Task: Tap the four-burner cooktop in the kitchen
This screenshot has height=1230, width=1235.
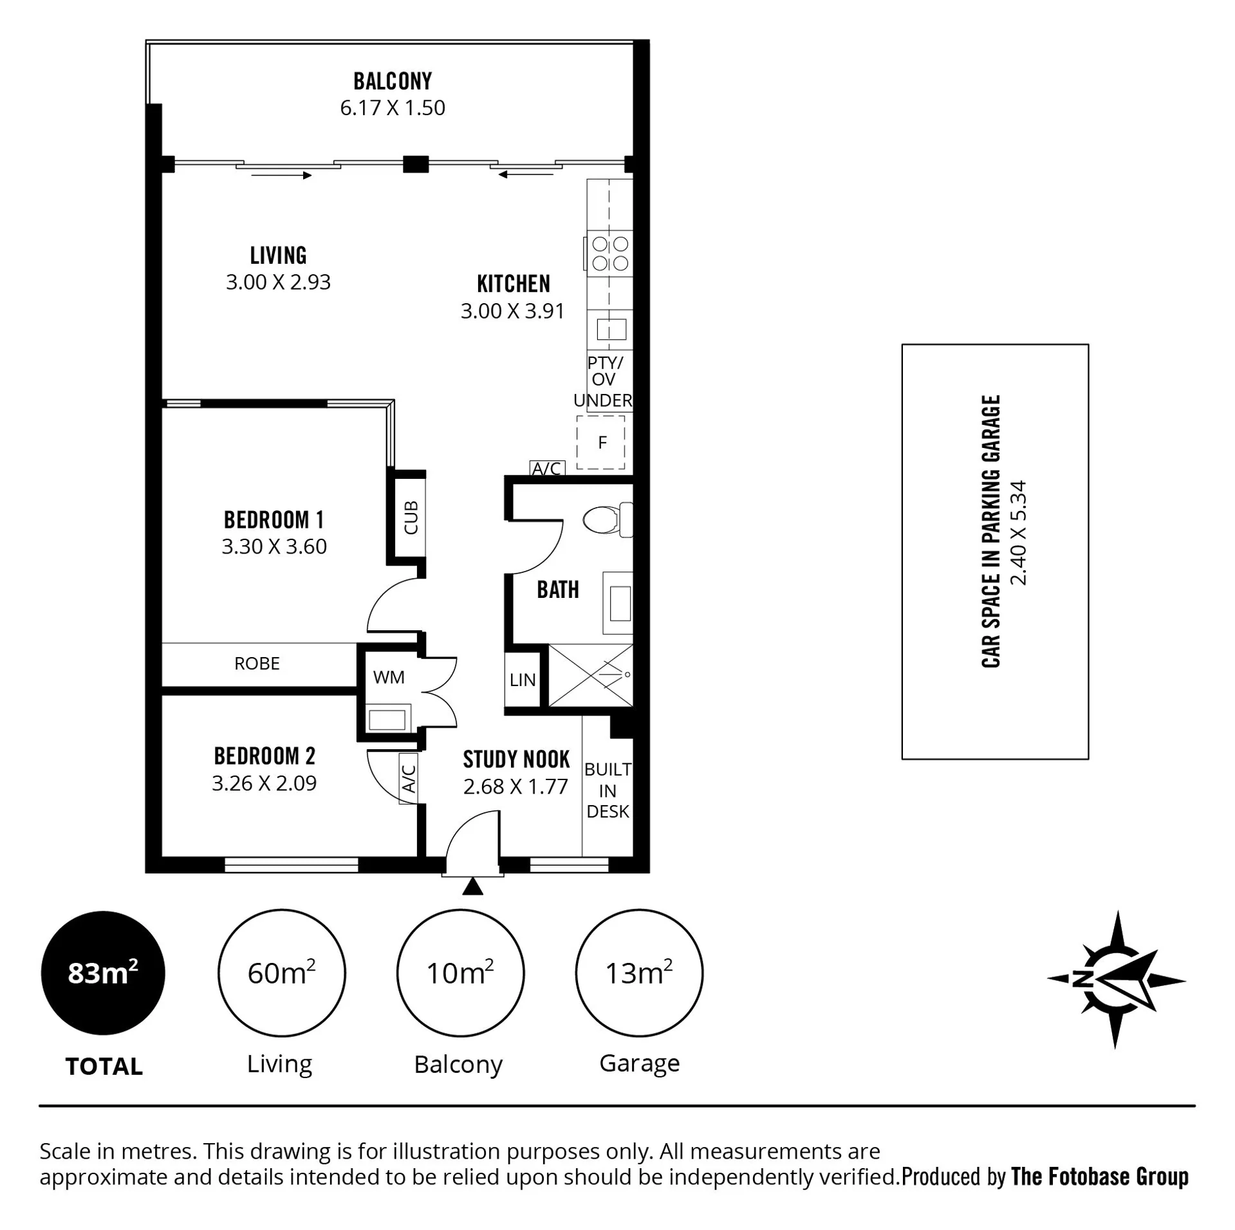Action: (x=609, y=254)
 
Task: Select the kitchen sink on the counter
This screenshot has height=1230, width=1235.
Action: (x=611, y=330)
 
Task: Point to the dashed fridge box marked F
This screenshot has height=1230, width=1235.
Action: (x=600, y=442)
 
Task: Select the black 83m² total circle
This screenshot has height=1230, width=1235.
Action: (x=103, y=973)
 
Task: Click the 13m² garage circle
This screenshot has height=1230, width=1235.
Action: (x=639, y=973)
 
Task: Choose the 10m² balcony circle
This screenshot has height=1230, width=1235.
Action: (x=460, y=973)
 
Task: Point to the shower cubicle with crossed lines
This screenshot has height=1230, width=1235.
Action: (x=591, y=675)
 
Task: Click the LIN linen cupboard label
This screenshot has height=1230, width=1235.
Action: (x=523, y=680)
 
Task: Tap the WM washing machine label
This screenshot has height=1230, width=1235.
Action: (x=389, y=677)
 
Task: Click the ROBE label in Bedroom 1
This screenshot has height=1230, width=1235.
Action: (x=257, y=664)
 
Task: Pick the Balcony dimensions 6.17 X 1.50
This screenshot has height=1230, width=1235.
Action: (x=393, y=107)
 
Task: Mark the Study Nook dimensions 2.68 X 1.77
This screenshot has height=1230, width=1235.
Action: (x=515, y=787)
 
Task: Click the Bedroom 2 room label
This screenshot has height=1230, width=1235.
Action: (x=265, y=756)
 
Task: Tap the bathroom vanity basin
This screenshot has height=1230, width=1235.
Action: (x=618, y=603)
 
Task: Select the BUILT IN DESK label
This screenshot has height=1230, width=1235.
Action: (x=608, y=790)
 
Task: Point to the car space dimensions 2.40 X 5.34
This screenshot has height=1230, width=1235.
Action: (x=1018, y=533)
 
